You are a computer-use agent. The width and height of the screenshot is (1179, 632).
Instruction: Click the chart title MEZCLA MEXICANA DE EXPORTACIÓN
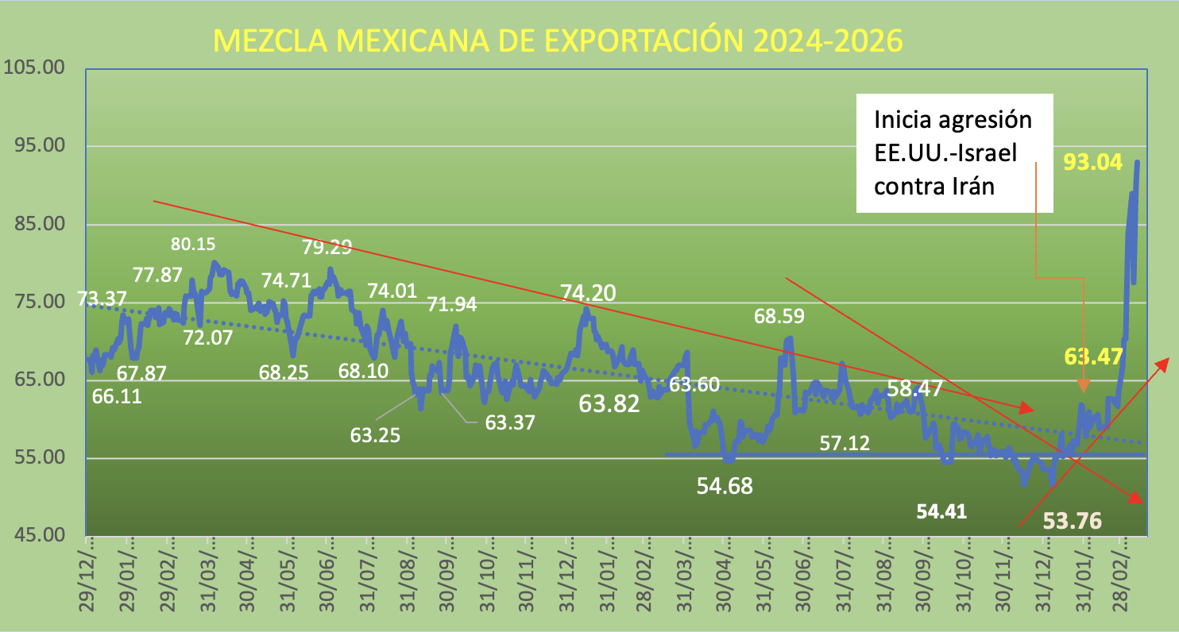pos(559,41)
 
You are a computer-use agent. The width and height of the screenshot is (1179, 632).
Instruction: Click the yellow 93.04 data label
pos(1092,163)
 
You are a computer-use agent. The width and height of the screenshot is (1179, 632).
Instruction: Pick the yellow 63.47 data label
pos(1092,355)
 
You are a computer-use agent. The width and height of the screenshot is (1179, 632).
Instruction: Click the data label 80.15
pos(193,244)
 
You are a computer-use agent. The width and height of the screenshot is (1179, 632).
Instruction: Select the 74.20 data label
pos(588,292)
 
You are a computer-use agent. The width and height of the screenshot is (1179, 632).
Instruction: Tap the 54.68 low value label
pos(725,485)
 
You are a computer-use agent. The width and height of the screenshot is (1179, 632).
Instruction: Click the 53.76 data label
pos(1072,521)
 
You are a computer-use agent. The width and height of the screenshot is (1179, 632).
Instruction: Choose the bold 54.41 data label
pos(941,511)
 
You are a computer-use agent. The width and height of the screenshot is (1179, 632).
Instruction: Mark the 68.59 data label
pos(779,316)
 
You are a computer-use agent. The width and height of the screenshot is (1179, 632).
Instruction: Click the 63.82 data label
pos(609,403)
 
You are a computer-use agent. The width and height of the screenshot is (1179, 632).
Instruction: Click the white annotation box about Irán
pos(953,153)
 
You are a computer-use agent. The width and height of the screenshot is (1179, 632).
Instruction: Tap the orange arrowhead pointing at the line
pos(1083,385)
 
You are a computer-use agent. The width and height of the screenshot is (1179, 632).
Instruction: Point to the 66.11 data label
pos(117,395)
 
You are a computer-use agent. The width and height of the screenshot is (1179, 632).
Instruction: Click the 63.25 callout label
pos(375,435)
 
